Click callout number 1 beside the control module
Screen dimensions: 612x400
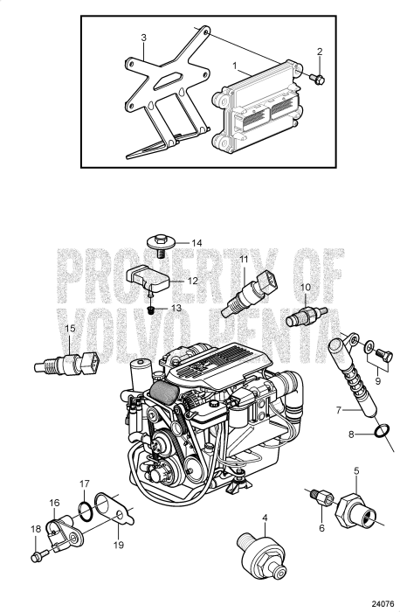click(234, 66)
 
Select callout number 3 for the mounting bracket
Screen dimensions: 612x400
click(143, 38)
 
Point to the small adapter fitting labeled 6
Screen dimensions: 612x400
click(321, 499)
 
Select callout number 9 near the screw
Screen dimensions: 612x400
click(377, 380)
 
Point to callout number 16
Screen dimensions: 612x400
click(54, 503)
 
